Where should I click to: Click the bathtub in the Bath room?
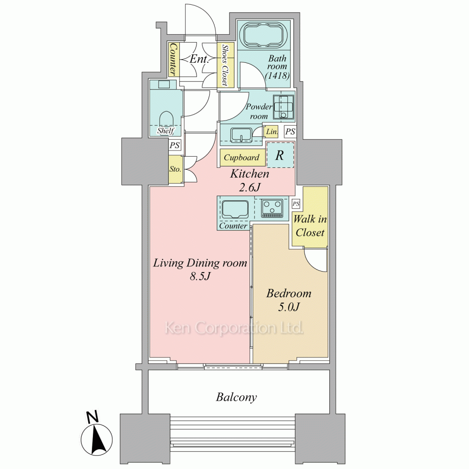264,34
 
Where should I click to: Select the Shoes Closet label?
225,65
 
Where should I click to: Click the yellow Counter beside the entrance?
173,59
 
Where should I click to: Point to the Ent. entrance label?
199,59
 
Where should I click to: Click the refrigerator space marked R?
280,155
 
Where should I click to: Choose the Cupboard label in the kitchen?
242,157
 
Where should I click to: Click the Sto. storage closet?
175,169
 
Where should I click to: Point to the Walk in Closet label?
310,226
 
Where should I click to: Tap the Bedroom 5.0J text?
288,300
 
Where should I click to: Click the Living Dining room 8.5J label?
200,269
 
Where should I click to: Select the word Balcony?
236,397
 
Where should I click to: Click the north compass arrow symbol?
97,439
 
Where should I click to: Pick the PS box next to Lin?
290,131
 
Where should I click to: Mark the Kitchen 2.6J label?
250,181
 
